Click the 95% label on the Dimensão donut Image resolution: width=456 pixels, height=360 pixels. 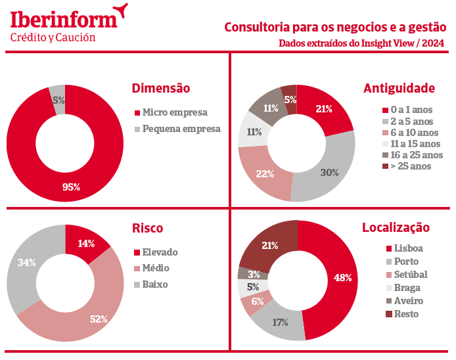tap(71, 187)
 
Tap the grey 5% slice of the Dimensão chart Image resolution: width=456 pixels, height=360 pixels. tap(58, 100)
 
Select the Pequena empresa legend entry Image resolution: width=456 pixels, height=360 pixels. tap(181, 129)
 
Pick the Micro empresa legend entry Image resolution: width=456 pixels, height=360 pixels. tap(174, 112)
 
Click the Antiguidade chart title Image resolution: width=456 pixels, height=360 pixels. tap(399, 87)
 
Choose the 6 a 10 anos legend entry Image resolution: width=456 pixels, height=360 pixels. tap(411, 132)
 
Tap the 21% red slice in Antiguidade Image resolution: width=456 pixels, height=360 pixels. tap(324, 109)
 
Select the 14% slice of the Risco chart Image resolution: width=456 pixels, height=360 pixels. tap(86, 243)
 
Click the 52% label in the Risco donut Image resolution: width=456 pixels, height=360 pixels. tap(99, 319)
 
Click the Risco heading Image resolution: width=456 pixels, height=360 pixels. tap(147, 228)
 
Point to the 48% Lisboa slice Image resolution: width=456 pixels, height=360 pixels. tap(342, 277)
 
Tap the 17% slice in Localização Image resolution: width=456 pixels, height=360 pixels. tap(281, 323)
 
